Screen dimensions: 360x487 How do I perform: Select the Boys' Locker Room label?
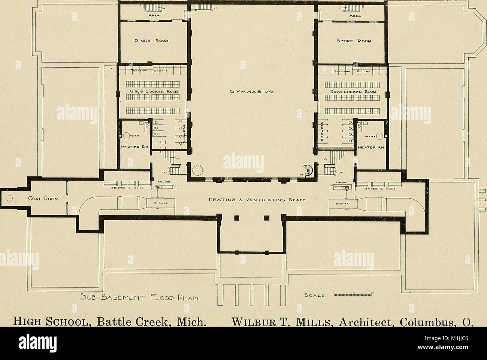[x=352, y=91]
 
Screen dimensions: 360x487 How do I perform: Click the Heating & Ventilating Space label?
[x=255, y=200]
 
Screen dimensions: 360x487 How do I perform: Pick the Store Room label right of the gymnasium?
[x=352, y=41]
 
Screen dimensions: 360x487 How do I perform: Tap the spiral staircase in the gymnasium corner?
[x=309, y=170]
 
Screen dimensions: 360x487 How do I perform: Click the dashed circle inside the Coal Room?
[x=9, y=199]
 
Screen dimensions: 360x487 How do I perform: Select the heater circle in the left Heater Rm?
[x=126, y=136]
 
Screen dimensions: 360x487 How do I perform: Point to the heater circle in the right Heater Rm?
[x=380, y=136]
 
